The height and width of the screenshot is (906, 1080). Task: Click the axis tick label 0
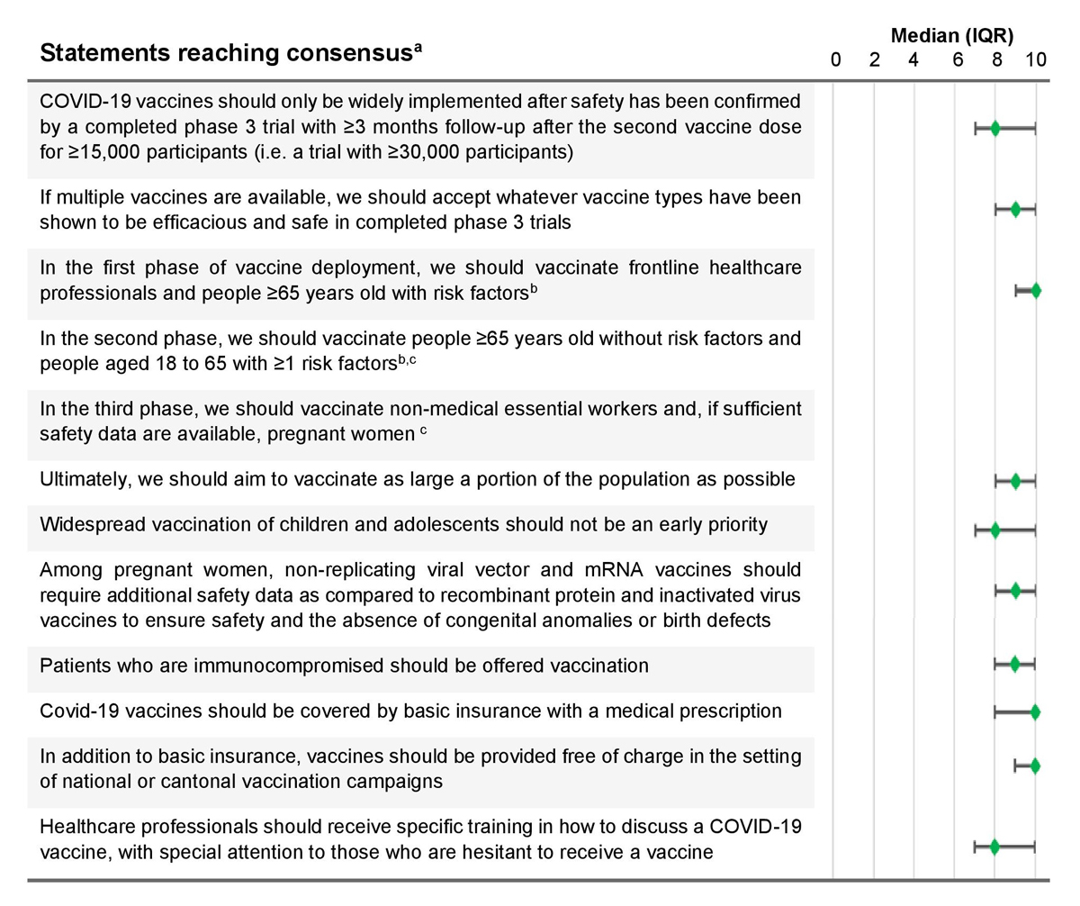pyautogui.click(x=835, y=60)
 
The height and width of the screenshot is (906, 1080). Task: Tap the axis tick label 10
pyautogui.click(x=1036, y=60)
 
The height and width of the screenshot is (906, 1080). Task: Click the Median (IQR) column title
pyautogui.click(x=953, y=37)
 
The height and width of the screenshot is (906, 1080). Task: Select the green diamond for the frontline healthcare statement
pyautogui.click(x=1036, y=291)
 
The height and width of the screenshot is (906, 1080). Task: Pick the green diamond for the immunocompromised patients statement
pyautogui.click(x=1015, y=665)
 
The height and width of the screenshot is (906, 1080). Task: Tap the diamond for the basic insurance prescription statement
pyautogui.click(x=1035, y=712)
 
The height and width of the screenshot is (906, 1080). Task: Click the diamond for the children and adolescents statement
pyautogui.click(x=995, y=530)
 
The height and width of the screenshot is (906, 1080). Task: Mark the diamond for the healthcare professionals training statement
pyautogui.click(x=994, y=847)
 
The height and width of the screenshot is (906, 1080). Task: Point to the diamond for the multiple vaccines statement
pyautogui.click(x=1015, y=210)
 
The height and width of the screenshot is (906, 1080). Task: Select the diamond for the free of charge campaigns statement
pyautogui.click(x=1035, y=766)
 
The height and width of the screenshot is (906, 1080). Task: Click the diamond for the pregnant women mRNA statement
pyautogui.click(x=1015, y=591)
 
